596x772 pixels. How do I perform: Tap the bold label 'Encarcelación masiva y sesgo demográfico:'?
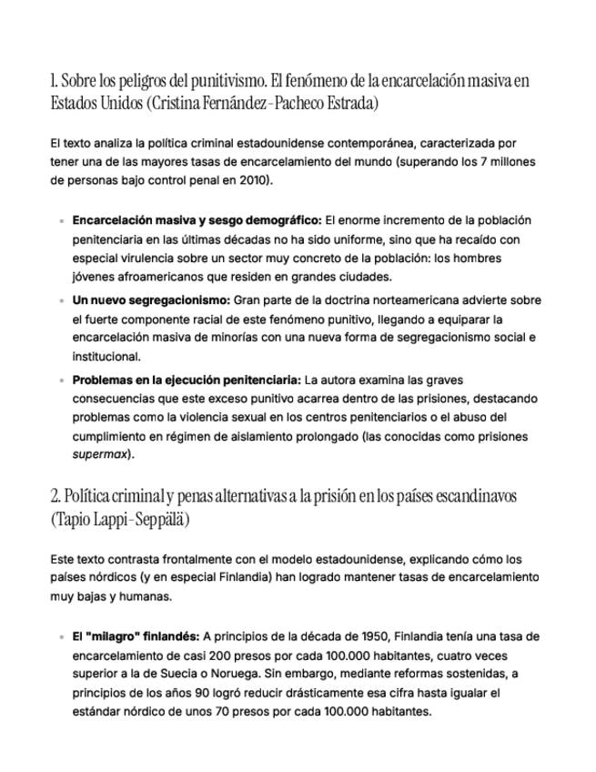[x=197, y=220]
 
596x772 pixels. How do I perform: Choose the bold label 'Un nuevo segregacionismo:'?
[x=151, y=300]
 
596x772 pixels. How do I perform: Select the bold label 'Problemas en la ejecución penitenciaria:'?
[x=187, y=380]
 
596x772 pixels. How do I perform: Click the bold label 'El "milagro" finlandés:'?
[x=136, y=636]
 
